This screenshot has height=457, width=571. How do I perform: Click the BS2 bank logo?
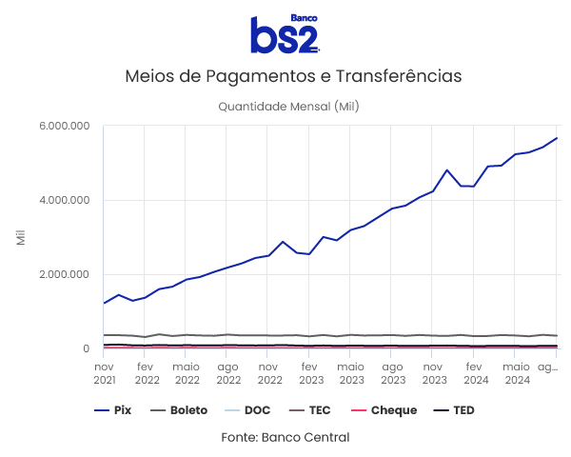point(285,34)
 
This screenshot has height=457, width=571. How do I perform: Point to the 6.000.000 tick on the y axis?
point(65,126)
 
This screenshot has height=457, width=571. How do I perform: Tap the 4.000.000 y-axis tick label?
point(65,200)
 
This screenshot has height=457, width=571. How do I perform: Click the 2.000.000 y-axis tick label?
point(65,274)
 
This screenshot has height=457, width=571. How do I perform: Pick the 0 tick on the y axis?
point(86,348)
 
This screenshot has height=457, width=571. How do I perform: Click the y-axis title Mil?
point(21,237)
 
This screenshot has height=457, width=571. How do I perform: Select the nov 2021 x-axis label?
point(104,372)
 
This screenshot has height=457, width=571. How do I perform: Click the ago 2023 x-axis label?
point(391,372)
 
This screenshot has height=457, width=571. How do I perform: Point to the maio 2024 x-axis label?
point(516,372)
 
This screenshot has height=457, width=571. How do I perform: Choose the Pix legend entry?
point(113,410)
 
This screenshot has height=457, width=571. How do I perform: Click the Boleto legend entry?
point(178,410)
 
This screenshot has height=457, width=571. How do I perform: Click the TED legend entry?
point(453,410)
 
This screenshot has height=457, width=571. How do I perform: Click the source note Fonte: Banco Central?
point(285,437)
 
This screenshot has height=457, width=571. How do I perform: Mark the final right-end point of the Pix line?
point(558,138)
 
